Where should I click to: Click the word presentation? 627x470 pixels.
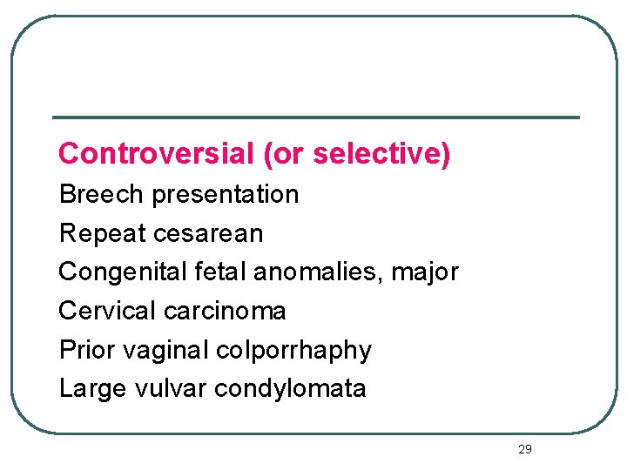[x=226, y=194]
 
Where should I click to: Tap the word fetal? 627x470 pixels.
[x=224, y=272]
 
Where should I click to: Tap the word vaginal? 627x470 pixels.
[x=166, y=351]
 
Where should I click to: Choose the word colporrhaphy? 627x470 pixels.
[x=294, y=351]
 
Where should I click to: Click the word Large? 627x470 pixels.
[x=91, y=389]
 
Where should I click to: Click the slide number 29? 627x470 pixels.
[x=524, y=449]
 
